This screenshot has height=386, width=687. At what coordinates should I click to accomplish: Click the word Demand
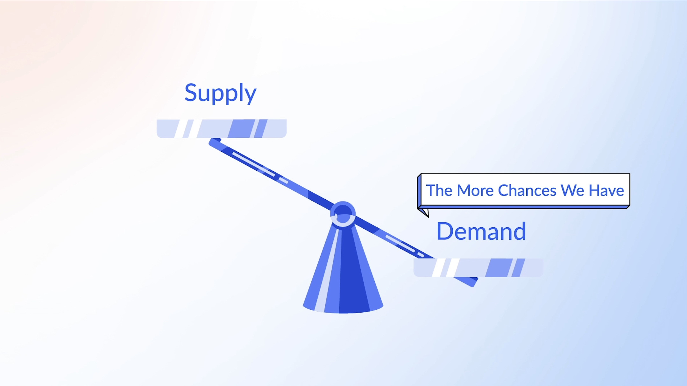(x=481, y=231)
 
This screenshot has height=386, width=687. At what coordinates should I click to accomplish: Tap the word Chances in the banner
(x=527, y=190)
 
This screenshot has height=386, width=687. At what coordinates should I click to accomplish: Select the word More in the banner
(x=474, y=190)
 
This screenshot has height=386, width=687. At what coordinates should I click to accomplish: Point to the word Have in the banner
(x=606, y=190)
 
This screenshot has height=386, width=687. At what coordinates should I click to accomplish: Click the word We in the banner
(x=572, y=190)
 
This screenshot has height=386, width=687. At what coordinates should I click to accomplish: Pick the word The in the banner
(x=439, y=190)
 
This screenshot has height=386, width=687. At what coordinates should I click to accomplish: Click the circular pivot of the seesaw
(x=343, y=214)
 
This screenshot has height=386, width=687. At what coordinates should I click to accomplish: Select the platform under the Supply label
(x=222, y=128)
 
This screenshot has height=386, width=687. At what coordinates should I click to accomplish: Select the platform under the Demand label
(x=478, y=268)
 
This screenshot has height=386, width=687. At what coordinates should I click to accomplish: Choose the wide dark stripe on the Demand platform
(x=499, y=268)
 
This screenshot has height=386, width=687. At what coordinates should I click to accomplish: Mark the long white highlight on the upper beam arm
(x=253, y=164)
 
